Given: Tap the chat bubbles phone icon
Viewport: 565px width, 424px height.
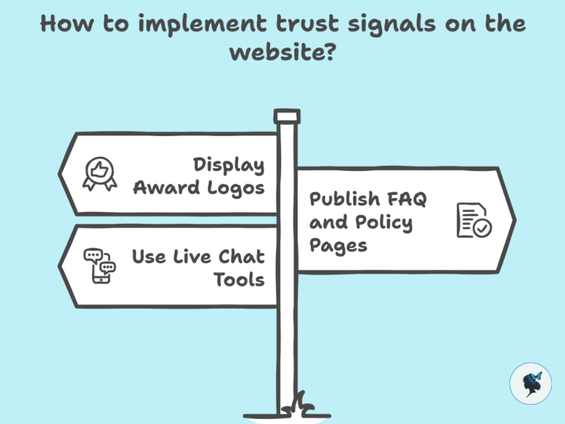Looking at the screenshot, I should tap(100, 266).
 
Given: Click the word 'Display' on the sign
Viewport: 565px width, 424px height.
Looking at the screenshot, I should tap(228, 164).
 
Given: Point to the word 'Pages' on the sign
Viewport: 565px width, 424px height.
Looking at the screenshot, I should tap(338, 245).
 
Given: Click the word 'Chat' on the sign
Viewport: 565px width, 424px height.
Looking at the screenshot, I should tap(241, 257).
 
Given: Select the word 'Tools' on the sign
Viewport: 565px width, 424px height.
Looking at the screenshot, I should tap(239, 280).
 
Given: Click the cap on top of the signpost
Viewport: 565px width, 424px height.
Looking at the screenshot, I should tap(286, 116).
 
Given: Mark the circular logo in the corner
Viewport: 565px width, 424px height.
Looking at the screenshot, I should tap(530, 384).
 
